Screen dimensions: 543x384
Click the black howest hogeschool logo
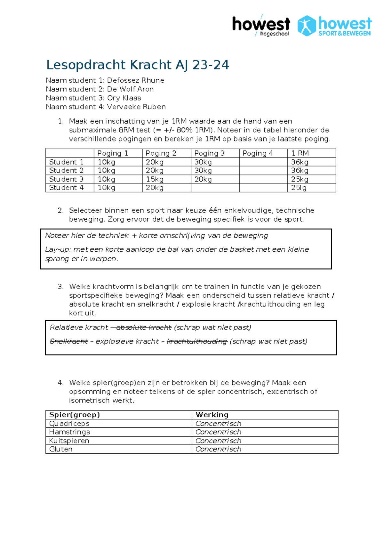tap(261, 26)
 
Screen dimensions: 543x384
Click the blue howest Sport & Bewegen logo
tap(334, 26)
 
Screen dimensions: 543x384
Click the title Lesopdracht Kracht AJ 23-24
tap(138, 65)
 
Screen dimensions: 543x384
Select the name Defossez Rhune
tap(135, 80)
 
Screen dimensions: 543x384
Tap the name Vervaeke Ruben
tap(136, 107)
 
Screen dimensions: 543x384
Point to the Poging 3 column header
tap(209, 153)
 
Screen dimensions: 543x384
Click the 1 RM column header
tap(300, 153)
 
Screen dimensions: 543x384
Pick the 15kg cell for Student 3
tap(155, 179)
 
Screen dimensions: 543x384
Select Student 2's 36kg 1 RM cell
tap(300, 171)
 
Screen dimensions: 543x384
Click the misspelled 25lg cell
tap(299, 188)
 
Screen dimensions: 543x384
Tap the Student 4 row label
tap(66, 188)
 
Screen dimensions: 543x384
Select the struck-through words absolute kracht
tap(144, 328)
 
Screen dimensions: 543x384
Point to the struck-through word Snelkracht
tap(69, 342)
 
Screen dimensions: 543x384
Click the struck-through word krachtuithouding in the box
tap(197, 342)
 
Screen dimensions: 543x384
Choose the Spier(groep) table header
tap(74, 415)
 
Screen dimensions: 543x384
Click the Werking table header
tap(212, 415)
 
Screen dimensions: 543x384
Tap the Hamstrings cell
tap(69, 432)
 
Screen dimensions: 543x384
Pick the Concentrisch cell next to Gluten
tap(218, 450)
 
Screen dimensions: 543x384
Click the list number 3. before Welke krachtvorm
tap(61, 287)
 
